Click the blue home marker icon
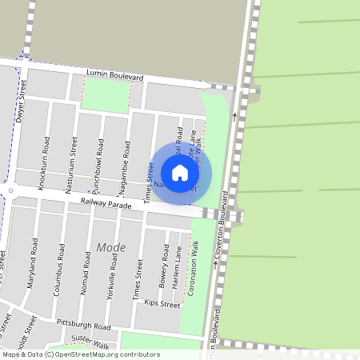tap(180, 172)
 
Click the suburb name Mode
tap(111, 247)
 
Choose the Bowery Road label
tap(162, 272)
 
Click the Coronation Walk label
tap(193, 267)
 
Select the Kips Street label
tap(162, 305)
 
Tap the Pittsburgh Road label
tap(83, 325)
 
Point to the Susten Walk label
tap(90, 342)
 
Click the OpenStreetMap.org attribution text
tap(96, 354)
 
